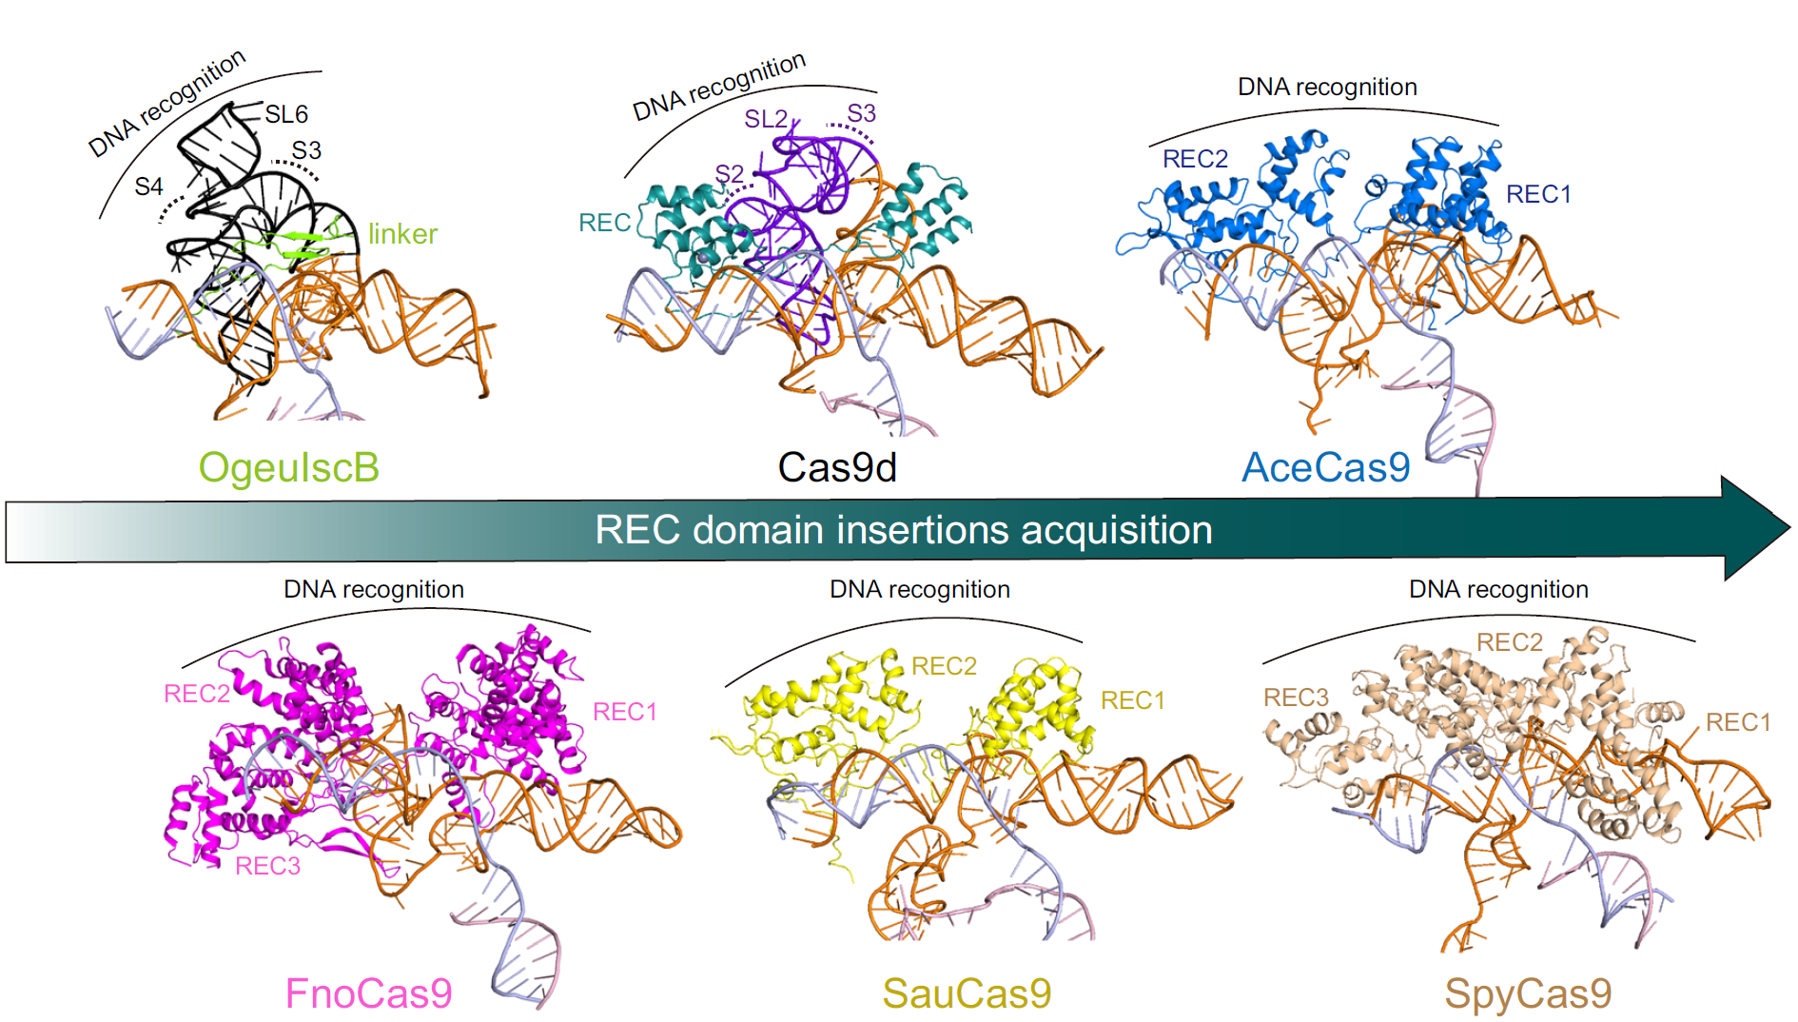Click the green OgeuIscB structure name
[288, 468]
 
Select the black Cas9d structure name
[837, 467]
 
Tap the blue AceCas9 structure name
[1326, 467]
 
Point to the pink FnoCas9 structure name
[369, 993]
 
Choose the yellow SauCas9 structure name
[967, 993]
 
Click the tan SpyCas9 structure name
[1528, 993]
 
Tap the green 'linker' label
[402, 234]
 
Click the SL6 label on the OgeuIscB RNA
[286, 114]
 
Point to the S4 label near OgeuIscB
[148, 187]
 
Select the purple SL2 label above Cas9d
[766, 119]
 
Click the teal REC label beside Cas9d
[604, 223]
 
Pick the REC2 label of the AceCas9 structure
[1195, 159]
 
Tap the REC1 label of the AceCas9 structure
[1538, 194]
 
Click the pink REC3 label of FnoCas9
[267, 866]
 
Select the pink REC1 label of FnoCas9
[625, 712]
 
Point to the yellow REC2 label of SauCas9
[944, 666]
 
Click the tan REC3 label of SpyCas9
[1296, 698]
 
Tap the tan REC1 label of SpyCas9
[1738, 722]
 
